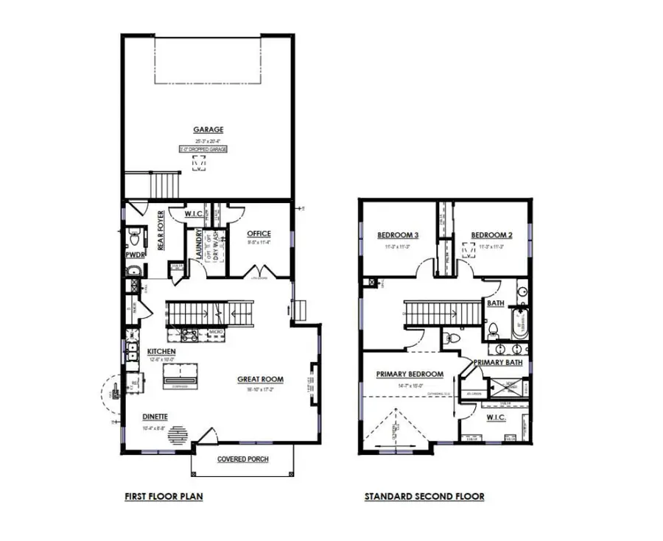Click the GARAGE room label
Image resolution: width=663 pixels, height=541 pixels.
pyautogui.click(x=209, y=130)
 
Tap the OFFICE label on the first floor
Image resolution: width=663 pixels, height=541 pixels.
pyautogui.click(x=259, y=234)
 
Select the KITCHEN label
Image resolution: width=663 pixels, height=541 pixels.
pyautogui.click(x=161, y=351)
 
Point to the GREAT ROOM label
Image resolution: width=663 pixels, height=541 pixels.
pyautogui.click(x=260, y=380)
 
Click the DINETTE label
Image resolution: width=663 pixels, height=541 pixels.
pyautogui.click(x=155, y=417)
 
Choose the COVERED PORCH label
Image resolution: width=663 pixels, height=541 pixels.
pyautogui.click(x=243, y=459)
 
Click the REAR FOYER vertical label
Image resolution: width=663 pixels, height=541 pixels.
pyautogui.click(x=161, y=230)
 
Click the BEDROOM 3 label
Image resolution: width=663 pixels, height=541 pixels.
pyautogui.click(x=398, y=236)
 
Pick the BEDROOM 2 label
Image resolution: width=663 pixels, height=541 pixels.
pyautogui.click(x=491, y=236)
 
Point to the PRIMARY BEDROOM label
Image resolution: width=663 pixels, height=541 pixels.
pyautogui.click(x=410, y=374)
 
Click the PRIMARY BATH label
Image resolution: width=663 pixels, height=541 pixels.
pyautogui.click(x=498, y=362)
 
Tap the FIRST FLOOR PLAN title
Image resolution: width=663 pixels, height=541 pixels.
pyautogui.click(x=164, y=497)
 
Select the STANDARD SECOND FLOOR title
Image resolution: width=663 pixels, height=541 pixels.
pyautogui.click(x=424, y=497)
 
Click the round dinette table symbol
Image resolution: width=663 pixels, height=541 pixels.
pyautogui.click(x=178, y=436)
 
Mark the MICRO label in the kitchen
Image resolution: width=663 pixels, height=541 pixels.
pyautogui.click(x=216, y=332)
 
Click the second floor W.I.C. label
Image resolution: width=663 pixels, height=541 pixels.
pyautogui.click(x=497, y=417)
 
